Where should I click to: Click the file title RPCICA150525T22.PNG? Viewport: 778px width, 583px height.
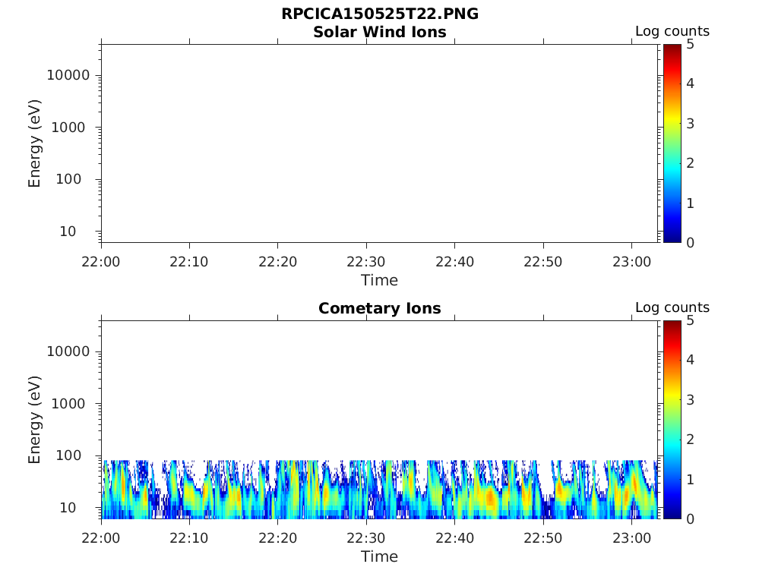pyautogui.click(x=379, y=14)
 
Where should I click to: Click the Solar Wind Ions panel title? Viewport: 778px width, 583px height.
pyautogui.click(x=379, y=32)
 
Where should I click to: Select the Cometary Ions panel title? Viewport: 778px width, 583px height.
pyautogui.click(x=379, y=308)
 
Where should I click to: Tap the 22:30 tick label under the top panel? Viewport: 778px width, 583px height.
pyautogui.click(x=366, y=262)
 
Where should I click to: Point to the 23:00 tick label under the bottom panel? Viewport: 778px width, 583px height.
pyautogui.click(x=631, y=538)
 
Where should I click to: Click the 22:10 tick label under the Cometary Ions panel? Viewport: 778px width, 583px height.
pyautogui.click(x=189, y=538)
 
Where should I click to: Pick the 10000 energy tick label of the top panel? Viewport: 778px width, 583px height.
pyautogui.click(x=68, y=75)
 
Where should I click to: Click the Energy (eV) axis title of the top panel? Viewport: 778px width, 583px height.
pyautogui.click(x=35, y=144)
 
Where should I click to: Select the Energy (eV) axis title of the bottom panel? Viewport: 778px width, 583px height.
pyautogui.click(x=35, y=421)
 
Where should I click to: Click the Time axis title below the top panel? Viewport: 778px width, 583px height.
pyautogui.click(x=379, y=280)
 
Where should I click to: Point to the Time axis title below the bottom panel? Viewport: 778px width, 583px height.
pyautogui.click(x=379, y=556)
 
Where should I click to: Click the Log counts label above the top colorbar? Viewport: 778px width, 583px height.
pyautogui.click(x=672, y=31)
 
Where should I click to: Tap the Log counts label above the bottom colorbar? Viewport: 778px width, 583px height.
pyautogui.click(x=672, y=307)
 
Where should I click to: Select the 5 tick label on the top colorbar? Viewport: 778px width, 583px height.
pyautogui.click(x=691, y=44)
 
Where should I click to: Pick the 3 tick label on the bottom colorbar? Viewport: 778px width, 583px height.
pyautogui.click(x=691, y=399)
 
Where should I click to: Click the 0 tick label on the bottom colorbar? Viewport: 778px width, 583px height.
pyautogui.click(x=691, y=518)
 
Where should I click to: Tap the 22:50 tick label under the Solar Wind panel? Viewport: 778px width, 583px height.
pyautogui.click(x=542, y=262)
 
